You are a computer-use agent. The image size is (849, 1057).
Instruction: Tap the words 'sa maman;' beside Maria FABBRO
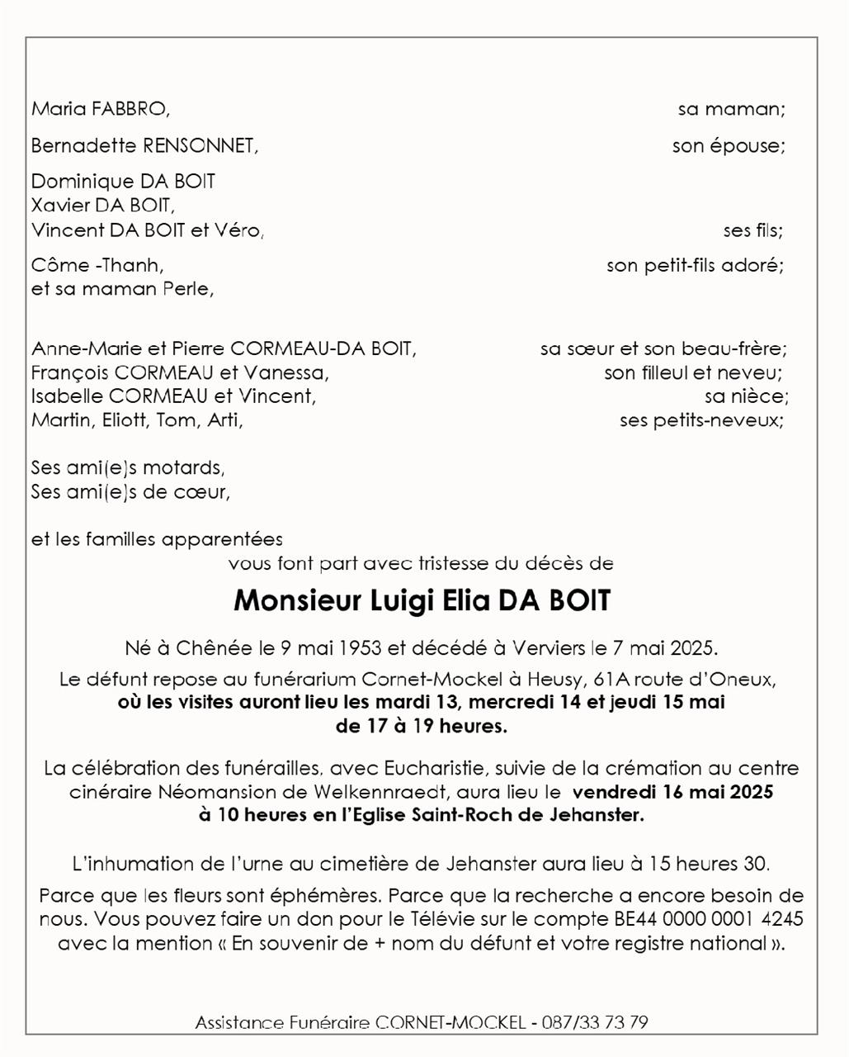click(731, 109)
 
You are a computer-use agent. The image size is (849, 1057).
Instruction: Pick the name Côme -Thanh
click(97, 266)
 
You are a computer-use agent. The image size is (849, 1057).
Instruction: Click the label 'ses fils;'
click(752, 231)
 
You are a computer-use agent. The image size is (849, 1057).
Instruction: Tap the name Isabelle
click(67, 396)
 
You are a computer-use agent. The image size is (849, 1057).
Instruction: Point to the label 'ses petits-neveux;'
click(701, 420)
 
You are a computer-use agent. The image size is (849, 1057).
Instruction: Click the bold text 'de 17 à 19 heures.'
click(421, 727)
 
